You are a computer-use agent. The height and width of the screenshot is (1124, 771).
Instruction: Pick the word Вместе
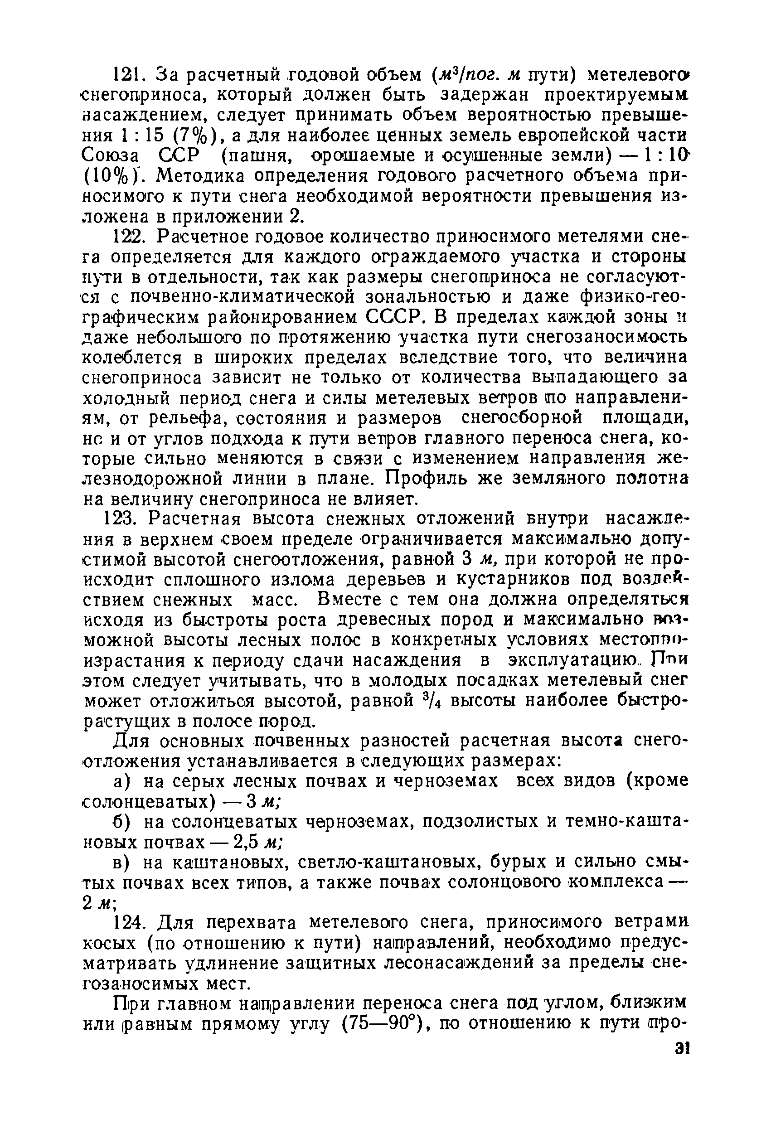[x=348, y=600]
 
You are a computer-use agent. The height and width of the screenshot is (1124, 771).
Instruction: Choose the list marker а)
[x=122, y=782]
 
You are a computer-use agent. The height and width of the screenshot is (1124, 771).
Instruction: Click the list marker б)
[x=122, y=822]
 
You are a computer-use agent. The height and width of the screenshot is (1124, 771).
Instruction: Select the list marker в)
[x=122, y=863]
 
